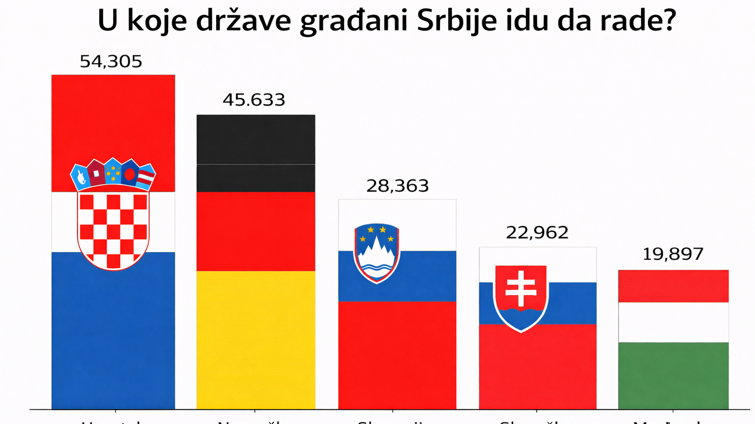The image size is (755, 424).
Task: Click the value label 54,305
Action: coord(111,61)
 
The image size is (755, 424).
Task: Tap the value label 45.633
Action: coord(254,100)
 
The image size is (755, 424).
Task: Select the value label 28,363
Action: coord(397,186)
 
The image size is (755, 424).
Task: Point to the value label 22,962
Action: coord(537,232)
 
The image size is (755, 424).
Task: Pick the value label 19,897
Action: coord(673,254)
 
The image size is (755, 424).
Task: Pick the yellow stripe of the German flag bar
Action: coord(256,339)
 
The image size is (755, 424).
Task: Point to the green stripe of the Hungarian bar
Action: coord(673,375)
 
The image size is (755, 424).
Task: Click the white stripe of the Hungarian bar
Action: coord(673,322)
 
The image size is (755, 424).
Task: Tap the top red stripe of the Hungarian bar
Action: coord(673,286)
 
